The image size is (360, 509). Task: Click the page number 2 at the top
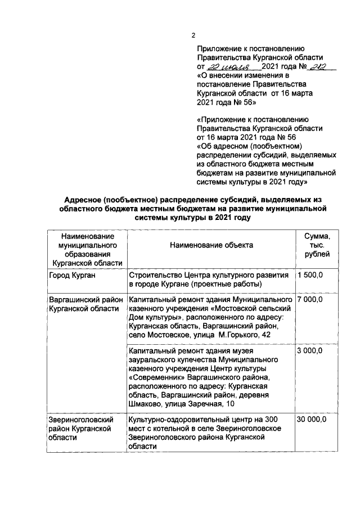click(x=193, y=35)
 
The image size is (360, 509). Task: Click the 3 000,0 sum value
click(x=310, y=350)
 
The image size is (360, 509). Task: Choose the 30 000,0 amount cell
click(x=312, y=420)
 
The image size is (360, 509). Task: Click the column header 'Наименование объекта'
click(x=211, y=245)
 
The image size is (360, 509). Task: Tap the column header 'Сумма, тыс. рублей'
click(x=313, y=245)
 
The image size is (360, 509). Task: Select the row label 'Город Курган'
click(x=72, y=276)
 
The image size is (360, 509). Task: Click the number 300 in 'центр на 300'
click(x=271, y=420)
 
